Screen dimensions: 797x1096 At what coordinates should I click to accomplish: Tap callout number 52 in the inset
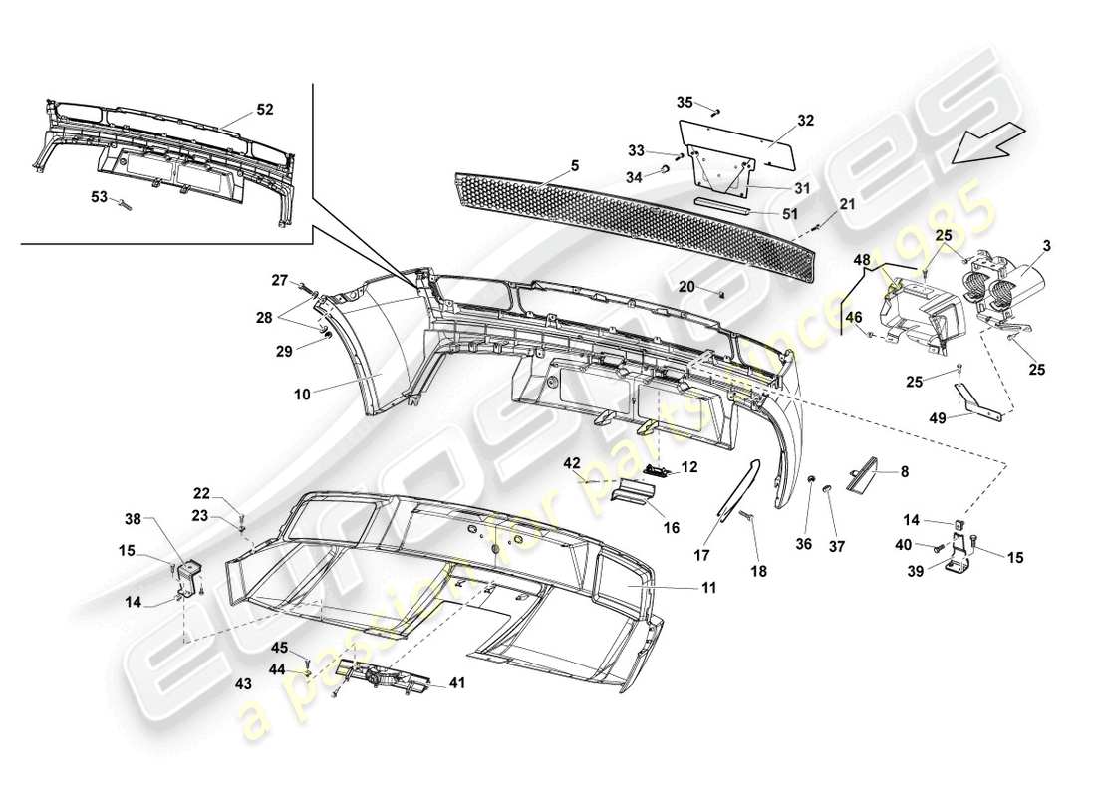tap(265, 109)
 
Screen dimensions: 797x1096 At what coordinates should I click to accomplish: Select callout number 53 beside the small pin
tap(98, 197)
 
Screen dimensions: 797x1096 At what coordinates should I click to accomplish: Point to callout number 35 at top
tap(684, 102)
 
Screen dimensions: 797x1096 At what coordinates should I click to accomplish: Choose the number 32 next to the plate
tap(805, 120)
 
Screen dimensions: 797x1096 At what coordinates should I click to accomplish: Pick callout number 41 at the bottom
tap(457, 683)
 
